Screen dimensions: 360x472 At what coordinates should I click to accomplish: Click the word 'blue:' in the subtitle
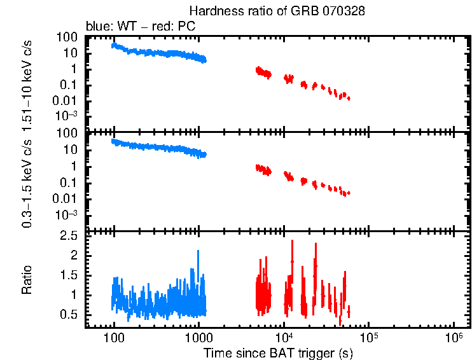(x=99, y=27)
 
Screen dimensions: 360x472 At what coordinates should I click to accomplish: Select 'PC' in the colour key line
(x=188, y=27)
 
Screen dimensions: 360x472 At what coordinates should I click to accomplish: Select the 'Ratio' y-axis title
(x=27, y=279)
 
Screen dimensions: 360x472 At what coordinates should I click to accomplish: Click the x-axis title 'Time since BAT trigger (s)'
(x=278, y=352)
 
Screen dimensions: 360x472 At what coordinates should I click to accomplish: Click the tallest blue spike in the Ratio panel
(x=198, y=251)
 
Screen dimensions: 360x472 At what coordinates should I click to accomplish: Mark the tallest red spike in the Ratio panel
(x=292, y=241)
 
